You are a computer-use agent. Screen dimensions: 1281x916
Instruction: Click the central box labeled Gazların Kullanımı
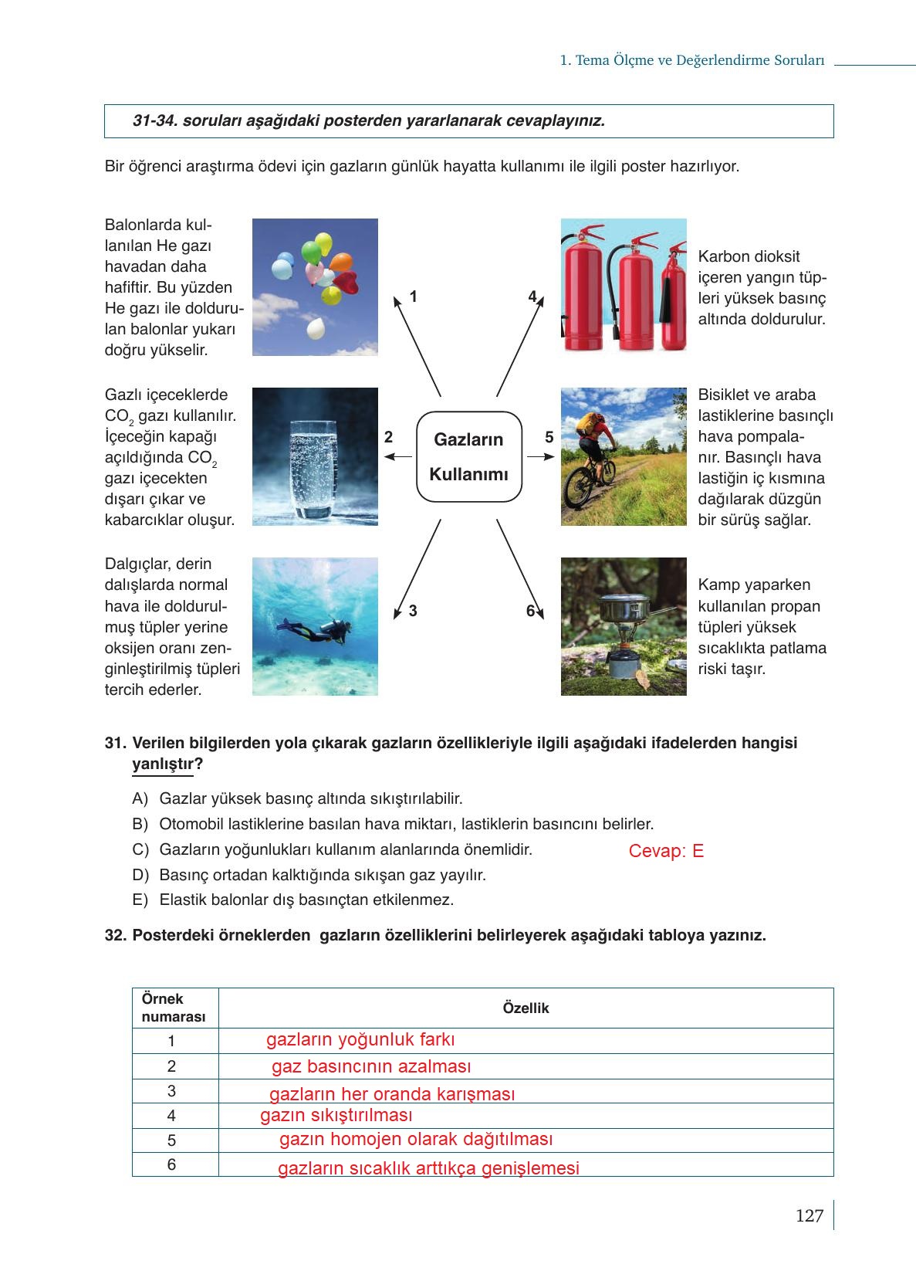468,456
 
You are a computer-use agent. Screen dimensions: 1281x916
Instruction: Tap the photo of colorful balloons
315,286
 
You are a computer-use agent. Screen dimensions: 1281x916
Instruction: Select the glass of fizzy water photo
315,456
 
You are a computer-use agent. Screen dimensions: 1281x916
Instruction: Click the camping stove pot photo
623,626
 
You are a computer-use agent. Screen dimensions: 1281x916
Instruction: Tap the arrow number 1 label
414,297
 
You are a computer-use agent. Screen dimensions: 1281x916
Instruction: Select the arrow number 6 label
530,611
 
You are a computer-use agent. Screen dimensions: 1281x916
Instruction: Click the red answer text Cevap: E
666,852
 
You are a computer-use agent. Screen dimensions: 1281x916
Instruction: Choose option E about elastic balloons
306,900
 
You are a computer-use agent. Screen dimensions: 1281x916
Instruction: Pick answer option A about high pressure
310,798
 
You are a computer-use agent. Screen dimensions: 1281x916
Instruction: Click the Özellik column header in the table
526,1008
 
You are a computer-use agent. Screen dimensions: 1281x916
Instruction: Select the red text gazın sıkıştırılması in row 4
336,1115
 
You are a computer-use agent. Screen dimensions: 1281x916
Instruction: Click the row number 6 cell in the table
171,1164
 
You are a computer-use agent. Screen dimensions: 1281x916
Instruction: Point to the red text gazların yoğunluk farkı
360,1039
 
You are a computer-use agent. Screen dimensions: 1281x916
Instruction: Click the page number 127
810,1216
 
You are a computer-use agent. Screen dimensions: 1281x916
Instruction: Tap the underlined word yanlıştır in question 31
163,764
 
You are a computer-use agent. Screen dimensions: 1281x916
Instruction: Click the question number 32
115,935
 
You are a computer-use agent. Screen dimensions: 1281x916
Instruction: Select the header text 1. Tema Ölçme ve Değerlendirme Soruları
692,60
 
